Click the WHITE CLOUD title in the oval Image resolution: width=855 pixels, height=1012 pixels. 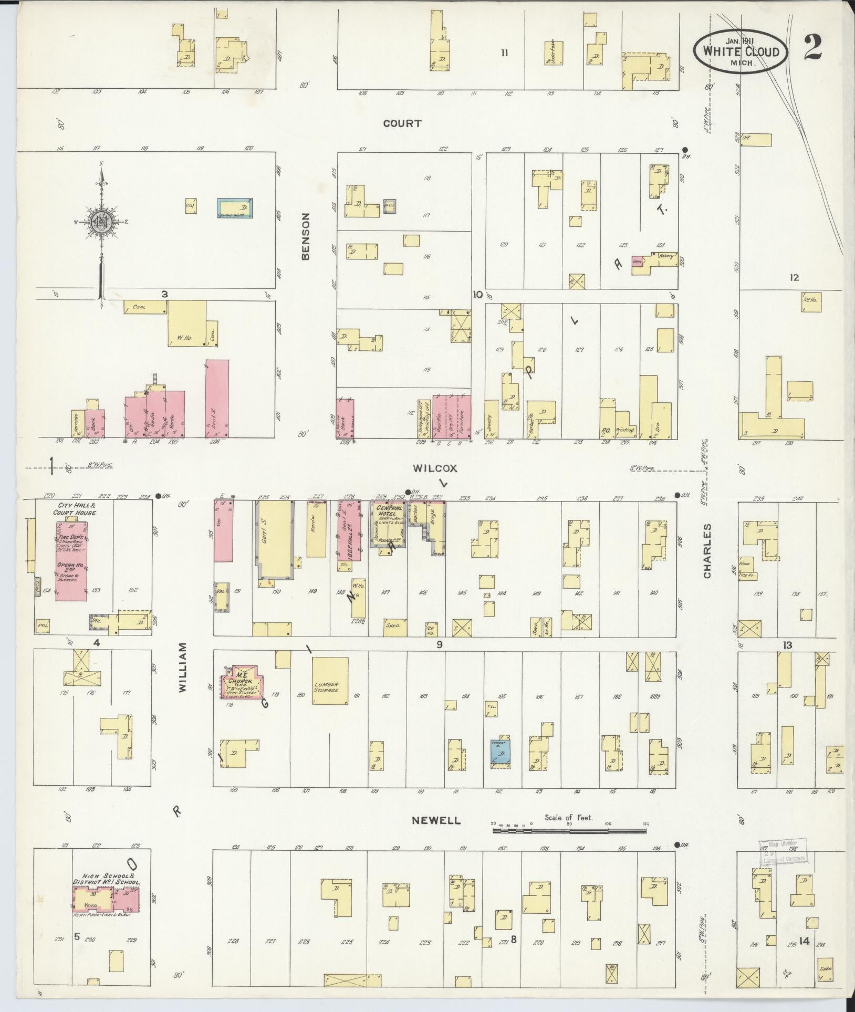click(x=741, y=51)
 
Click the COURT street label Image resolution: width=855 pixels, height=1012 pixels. click(x=402, y=123)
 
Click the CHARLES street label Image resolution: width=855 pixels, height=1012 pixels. click(x=707, y=551)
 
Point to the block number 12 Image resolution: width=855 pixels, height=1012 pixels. click(x=794, y=277)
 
